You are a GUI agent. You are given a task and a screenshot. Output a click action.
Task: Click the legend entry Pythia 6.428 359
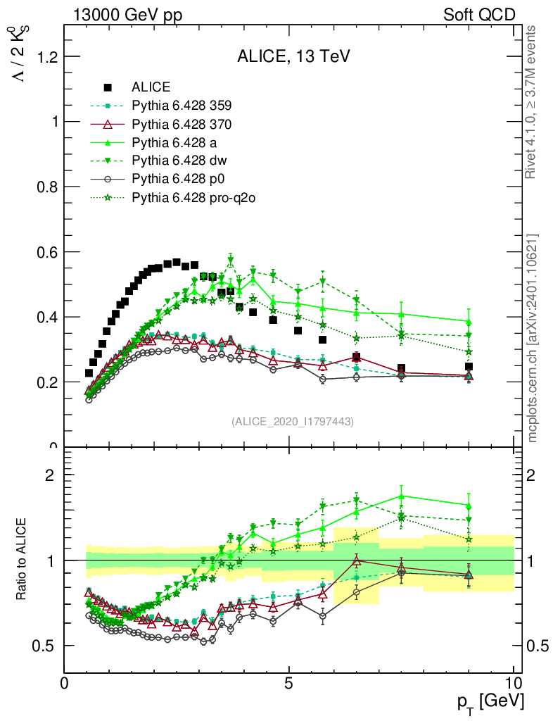point(182,106)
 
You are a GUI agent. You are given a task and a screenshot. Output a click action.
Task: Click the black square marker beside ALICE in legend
point(108,87)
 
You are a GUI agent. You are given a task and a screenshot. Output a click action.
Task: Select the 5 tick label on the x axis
point(288,684)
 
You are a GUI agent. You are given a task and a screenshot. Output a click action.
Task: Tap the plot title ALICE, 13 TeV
point(293,56)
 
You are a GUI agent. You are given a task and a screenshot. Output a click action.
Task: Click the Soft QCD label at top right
point(479,15)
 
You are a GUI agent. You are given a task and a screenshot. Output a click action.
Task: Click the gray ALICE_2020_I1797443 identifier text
point(292,421)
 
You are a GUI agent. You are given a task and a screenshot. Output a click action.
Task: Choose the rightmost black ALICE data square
point(469,367)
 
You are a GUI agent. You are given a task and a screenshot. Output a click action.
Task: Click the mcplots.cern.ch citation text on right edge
point(533,338)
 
